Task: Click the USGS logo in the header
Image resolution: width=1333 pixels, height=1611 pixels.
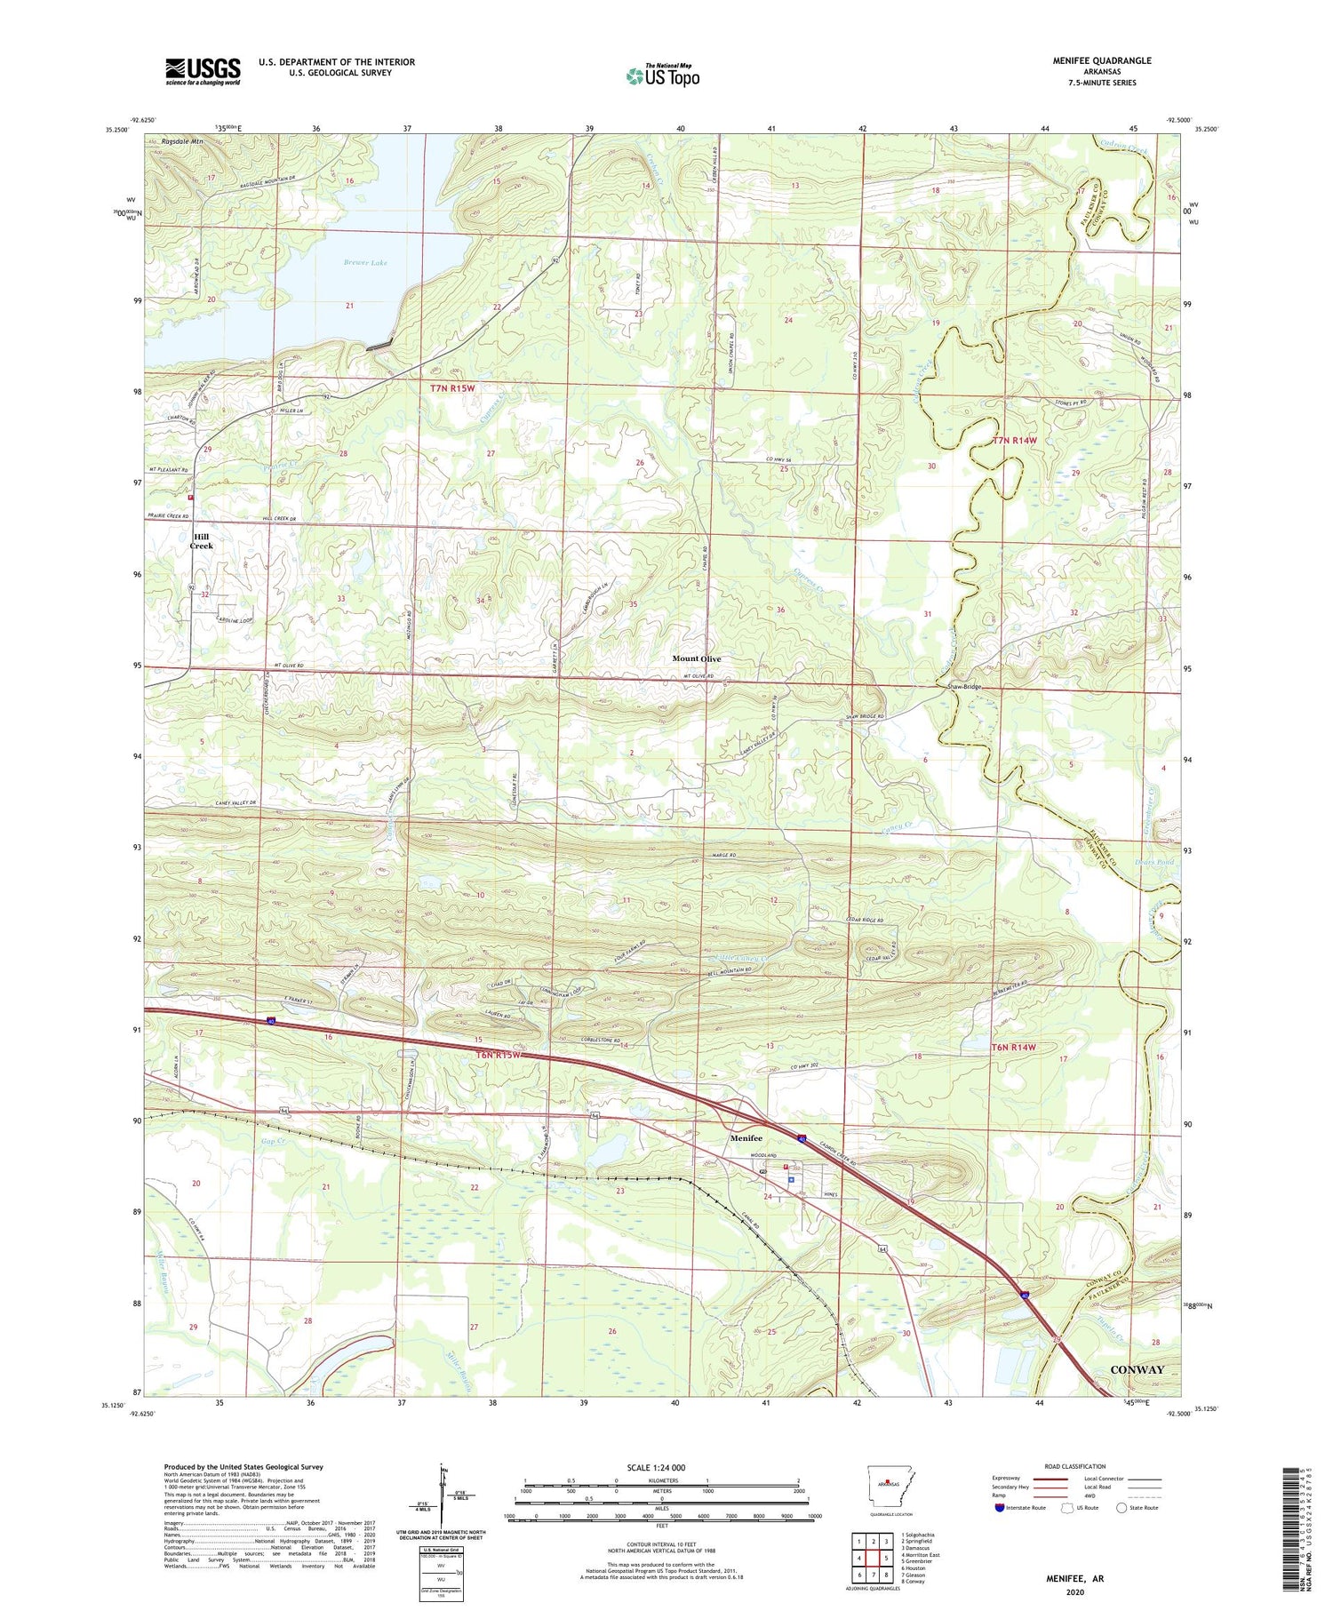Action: (203, 71)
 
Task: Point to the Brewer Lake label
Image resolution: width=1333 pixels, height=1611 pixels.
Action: (365, 263)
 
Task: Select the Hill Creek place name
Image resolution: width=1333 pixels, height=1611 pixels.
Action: (202, 540)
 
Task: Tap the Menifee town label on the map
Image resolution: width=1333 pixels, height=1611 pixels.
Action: (746, 1138)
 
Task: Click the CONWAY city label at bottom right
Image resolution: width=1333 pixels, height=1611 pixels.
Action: (1137, 1369)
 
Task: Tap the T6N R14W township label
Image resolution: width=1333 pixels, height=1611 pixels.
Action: (1014, 1048)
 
